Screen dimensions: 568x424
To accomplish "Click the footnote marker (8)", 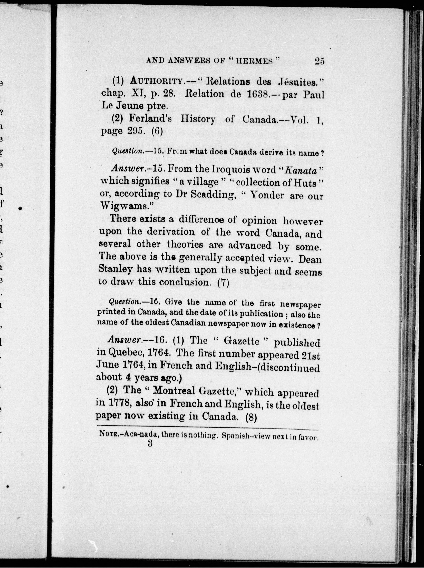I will [251, 417].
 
